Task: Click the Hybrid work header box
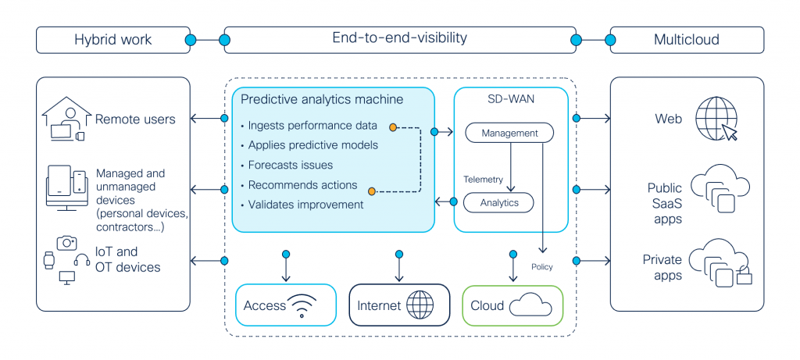[x=112, y=39]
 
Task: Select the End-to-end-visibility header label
[x=399, y=38]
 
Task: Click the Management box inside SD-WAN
[x=509, y=134]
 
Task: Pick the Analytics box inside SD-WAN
[x=498, y=203]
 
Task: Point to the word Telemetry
[x=483, y=180]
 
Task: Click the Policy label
[x=541, y=267]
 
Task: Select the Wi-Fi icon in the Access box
[x=310, y=305]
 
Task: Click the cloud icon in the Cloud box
[x=530, y=305]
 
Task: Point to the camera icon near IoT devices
[x=66, y=243]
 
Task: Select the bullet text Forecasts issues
[x=290, y=166]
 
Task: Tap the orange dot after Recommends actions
[x=372, y=190]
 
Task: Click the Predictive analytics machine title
[x=321, y=100]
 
